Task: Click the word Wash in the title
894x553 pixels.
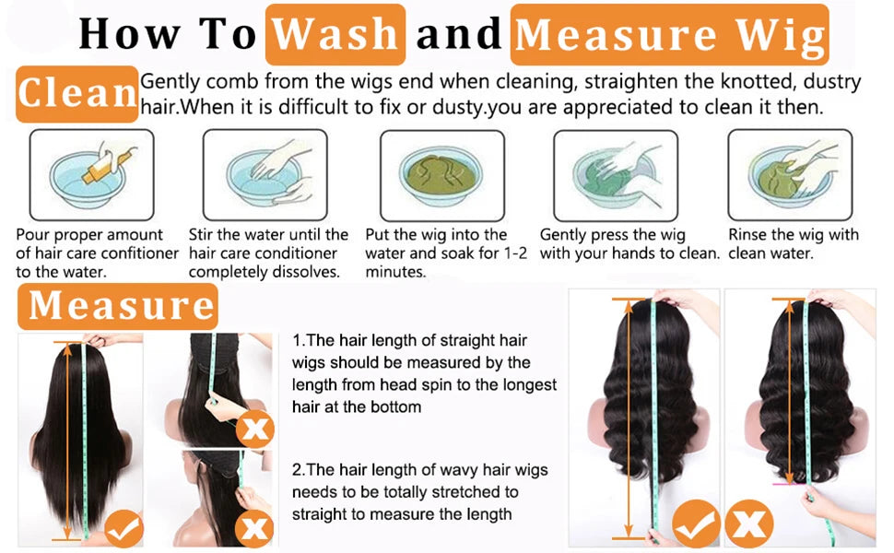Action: pos(335,34)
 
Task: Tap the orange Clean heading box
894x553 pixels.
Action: pos(77,94)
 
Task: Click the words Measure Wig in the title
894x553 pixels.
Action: pos(669,34)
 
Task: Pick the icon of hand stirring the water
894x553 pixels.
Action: pos(265,175)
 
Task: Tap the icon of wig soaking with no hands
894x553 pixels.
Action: pos(442,175)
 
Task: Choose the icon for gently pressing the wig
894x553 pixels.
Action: pos(615,175)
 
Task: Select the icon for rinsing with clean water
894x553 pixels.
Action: pos(790,175)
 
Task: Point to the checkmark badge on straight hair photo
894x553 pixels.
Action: pos(124,530)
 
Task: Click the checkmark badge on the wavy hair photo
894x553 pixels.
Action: pos(696,524)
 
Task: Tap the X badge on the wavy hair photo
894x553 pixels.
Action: pos(748,524)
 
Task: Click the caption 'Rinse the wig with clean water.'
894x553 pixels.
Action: pos(793,244)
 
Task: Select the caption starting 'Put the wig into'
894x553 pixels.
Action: pos(445,253)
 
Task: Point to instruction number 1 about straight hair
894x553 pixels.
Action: pos(424,373)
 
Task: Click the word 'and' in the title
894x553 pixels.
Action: pos(458,34)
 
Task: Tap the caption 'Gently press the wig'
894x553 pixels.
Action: pos(613,235)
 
